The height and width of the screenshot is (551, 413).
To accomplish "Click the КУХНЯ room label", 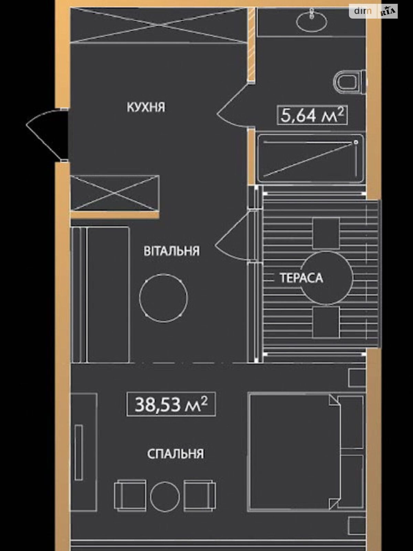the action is [x=146, y=107].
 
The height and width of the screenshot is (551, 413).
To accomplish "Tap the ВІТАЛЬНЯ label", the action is [x=171, y=251].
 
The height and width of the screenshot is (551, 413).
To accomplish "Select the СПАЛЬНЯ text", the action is [x=176, y=454].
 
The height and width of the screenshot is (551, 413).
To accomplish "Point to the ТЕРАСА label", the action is [x=301, y=278].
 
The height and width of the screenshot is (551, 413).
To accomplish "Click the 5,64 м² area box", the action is [x=312, y=115].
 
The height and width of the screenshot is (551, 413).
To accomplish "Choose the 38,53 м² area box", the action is [x=171, y=404].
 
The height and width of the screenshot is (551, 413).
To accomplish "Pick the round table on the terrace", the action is [x=327, y=278].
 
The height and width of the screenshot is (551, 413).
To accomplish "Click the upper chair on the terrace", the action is [x=326, y=233].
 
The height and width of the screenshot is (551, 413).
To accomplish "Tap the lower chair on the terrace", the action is [x=326, y=322].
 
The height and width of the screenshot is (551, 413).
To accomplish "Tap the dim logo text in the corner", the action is [x=363, y=11].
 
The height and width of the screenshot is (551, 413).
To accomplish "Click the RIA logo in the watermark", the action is [x=388, y=11].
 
